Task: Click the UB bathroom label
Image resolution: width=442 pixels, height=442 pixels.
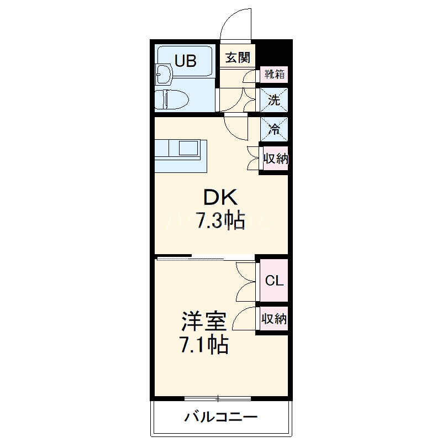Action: pyautogui.click(x=186, y=60)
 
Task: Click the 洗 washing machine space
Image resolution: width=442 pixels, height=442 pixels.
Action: pyautogui.click(x=274, y=100)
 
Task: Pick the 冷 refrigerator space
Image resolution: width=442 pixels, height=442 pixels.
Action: pyautogui.click(x=274, y=129)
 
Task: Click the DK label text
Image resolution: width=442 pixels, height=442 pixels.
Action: pyautogui.click(x=221, y=197)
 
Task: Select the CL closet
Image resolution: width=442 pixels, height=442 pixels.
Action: pyautogui.click(x=274, y=281)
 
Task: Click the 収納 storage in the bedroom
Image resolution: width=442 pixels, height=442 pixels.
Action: pyautogui.click(x=274, y=319)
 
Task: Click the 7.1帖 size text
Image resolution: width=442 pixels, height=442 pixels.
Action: pyautogui.click(x=203, y=346)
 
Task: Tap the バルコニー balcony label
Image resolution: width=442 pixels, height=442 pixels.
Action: pyautogui.click(x=221, y=416)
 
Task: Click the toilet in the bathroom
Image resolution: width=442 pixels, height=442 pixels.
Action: pyautogui.click(x=172, y=99)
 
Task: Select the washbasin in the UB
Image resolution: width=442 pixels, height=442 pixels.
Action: pyautogui.click(x=164, y=72)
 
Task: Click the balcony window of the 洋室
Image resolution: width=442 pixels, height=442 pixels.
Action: pyautogui.click(x=218, y=398)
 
